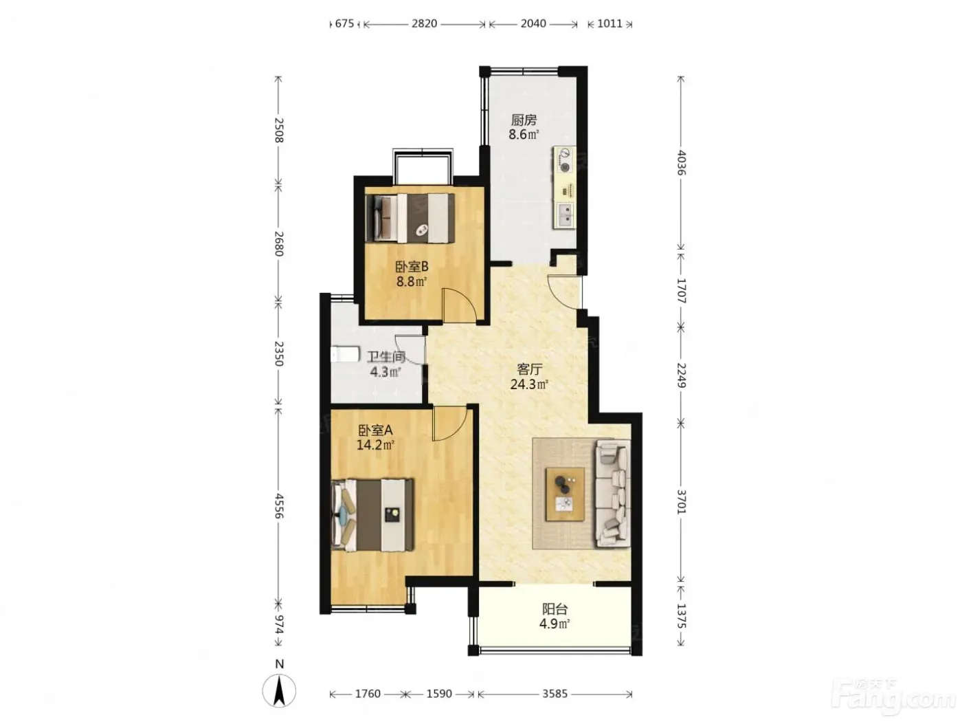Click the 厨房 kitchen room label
[524, 120]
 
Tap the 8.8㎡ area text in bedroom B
[412, 281]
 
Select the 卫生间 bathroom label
[385, 357]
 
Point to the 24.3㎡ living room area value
[529, 384]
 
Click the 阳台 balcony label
[555, 609]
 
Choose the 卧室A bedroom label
[376, 430]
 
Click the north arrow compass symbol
[279, 691]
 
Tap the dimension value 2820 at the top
[424, 23]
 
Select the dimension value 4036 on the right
[681, 163]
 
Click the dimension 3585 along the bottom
[555, 694]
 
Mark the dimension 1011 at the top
[609, 23]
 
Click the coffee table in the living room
[565, 494]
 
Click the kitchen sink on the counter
[566, 215]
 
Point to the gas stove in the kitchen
[566, 160]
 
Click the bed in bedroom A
[372, 514]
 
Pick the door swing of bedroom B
[459, 305]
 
